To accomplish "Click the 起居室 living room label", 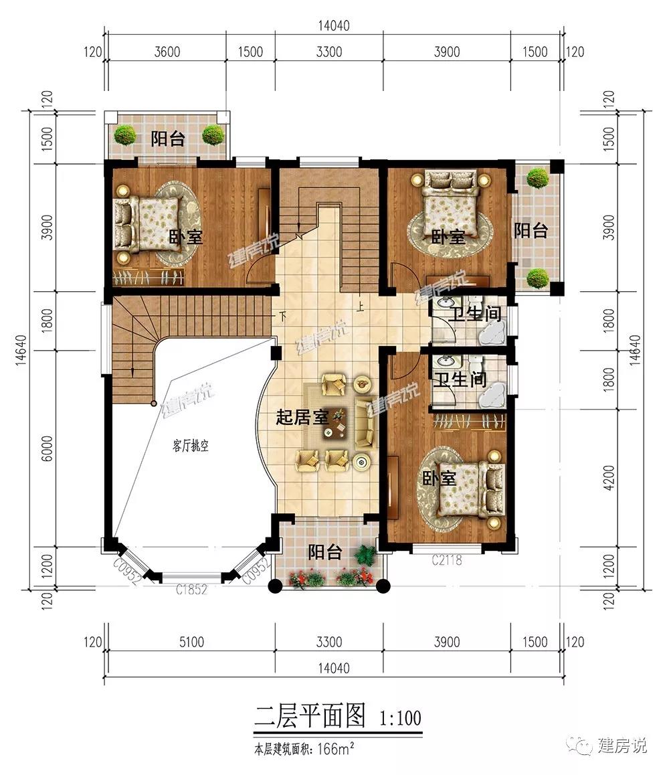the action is click(x=302, y=417).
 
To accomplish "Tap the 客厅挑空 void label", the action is click(x=191, y=446).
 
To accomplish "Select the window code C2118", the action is click(x=447, y=560).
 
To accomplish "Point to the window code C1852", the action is click(x=192, y=589).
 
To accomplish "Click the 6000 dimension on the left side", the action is click(x=47, y=448).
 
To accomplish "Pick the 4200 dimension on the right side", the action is click(x=609, y=477).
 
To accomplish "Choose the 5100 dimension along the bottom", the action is click(x=192, y=642).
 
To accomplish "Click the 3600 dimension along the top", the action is click(x=167, y=52).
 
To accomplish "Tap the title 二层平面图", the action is click(x=310, y=715).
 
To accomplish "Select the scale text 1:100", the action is click(x=400, y=717).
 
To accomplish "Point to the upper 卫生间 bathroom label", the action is click(x=475, y=313).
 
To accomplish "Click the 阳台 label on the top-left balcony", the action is click(x=168, y=139).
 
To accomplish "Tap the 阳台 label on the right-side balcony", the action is click(x=531, y=230).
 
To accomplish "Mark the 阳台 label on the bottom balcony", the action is click(x=324, y=552).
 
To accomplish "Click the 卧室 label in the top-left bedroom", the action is click(x=186, y=237).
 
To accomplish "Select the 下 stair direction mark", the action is click(x=282, y=316).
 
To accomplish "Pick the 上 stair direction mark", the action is click(x=361, y=307).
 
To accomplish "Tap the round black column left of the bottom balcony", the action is click(x=275, y=586).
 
